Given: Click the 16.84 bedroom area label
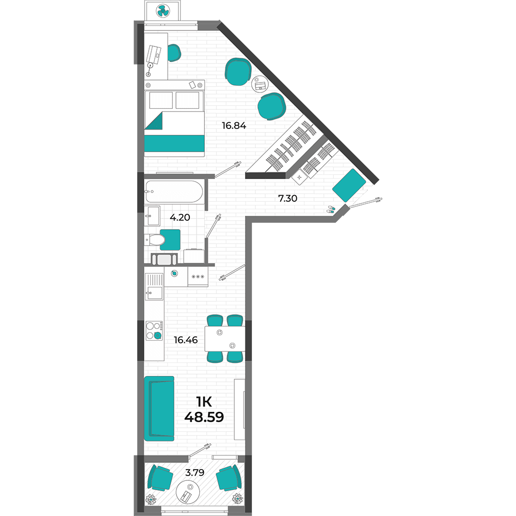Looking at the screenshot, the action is click(x=234, y=125).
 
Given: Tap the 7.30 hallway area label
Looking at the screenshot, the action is click(x=287, y=199).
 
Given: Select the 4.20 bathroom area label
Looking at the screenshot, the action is click(x=180, y=217).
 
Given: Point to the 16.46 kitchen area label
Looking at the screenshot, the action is click(x=186, y=340).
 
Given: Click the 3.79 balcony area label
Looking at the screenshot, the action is click(x=195, y=473).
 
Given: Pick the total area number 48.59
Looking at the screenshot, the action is click(x=204, y=417).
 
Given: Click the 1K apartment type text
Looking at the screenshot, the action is click(x=204, y=402).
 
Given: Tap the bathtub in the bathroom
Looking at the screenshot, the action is click(x=174, y=191).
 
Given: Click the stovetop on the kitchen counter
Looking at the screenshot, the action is click(x=154, y=331).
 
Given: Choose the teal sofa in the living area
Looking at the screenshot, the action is click(x=159, y=408).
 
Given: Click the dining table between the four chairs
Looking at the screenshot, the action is click(x=225, y=338).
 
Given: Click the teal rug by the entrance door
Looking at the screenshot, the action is click(x=349, y=185).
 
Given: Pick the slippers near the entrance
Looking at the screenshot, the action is click(x=331, y=209).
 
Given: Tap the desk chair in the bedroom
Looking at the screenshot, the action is click(x=174, y=53).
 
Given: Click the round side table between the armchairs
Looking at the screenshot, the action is click(x=260, y=84).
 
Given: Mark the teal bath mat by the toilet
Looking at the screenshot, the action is click(x=170, y=239).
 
